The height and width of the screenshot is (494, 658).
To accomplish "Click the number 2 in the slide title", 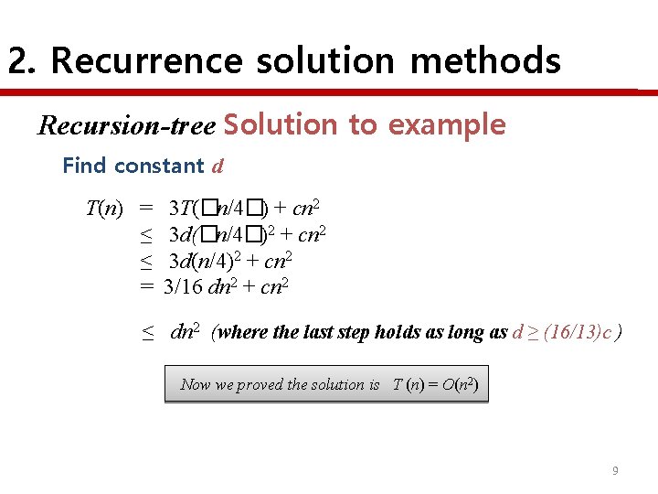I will coord(18,61).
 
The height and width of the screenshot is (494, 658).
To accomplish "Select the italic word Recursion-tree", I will coord(126,125).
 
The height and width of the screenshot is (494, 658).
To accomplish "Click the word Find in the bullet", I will coord(84,166).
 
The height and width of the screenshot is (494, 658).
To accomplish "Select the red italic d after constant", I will coord(218,166).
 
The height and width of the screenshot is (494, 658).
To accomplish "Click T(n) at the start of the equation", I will coord(104,209).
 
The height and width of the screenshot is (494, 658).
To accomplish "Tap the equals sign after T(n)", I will coord(145,209).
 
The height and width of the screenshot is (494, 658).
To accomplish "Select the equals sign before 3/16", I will coord(145,287).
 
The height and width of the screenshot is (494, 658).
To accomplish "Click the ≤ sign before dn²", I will coord(147,333).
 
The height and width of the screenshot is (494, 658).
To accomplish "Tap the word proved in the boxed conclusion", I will coord(261,384).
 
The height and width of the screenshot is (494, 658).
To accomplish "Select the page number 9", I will coord(615,470).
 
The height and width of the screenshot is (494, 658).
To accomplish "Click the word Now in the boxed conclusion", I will coord(196,384).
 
